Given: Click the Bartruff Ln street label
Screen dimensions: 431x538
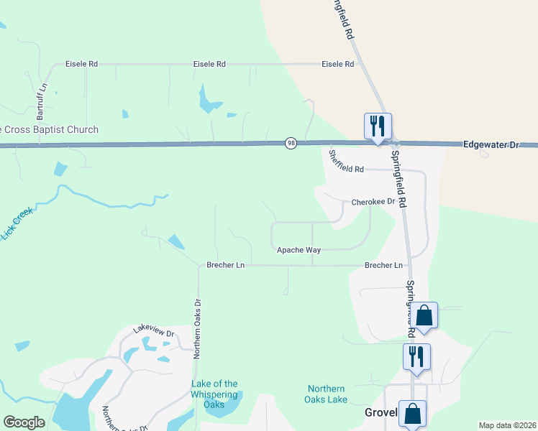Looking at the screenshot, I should (42, 101).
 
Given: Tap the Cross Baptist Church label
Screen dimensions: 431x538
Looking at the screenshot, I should (49, 130).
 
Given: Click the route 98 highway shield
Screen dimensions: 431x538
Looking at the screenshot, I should (291, 144).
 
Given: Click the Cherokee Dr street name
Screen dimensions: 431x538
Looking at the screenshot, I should (373, 202).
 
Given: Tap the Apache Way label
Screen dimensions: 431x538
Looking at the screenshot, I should (298, 250).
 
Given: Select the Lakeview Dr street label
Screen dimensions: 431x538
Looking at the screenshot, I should (153, 331).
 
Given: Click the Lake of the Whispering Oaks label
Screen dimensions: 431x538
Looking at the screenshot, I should (214, 394).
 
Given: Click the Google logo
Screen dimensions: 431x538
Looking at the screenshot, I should (24, 422).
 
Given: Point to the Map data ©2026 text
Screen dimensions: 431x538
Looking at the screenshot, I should (507, 425).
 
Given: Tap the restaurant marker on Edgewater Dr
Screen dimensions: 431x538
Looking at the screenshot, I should (378, 126).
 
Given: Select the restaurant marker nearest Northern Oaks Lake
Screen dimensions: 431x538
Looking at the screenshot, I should (416, 356).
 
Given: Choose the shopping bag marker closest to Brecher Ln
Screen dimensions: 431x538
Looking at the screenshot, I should (424, 315).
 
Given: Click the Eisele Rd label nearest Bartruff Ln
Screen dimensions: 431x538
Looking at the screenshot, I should (81, 64).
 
